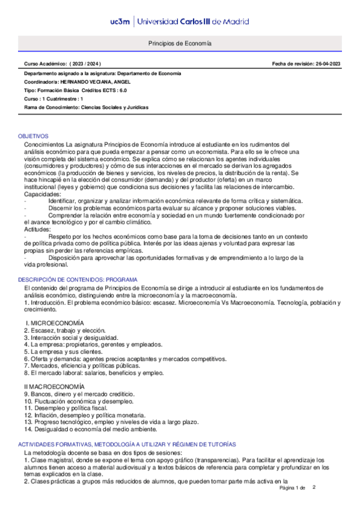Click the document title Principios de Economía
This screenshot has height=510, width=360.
click(180, 44)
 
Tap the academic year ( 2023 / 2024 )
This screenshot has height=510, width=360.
click(85, 64)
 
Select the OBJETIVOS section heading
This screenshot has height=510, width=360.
click(33, 137)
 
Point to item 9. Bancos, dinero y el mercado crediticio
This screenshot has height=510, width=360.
click(79, 393)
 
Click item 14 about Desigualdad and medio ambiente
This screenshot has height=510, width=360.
click(91, 429)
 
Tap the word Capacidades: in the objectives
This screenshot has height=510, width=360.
click(42, 194)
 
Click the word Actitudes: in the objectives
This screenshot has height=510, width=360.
click(37, 229)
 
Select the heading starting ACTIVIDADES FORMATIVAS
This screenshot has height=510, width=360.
click(127, 443)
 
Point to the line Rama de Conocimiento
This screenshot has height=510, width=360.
click(86, 107)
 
